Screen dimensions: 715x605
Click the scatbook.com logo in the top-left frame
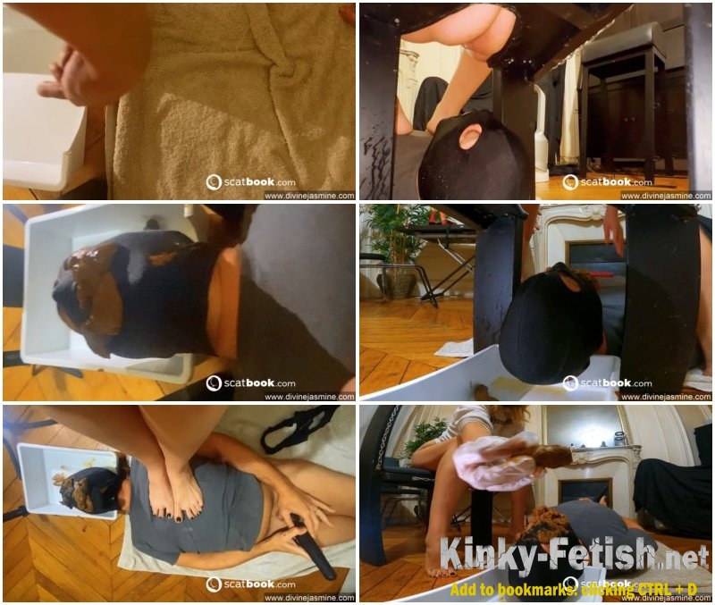point(251,182)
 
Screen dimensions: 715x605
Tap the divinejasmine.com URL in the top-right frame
point(666,196)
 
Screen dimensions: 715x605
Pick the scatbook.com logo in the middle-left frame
point(251,383)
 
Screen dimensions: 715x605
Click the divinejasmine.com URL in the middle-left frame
point(309,397)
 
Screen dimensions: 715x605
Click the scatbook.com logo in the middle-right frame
point(608,383)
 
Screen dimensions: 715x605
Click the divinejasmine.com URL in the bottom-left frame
point(309,598)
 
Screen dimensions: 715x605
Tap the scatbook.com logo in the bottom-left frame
point(251,584)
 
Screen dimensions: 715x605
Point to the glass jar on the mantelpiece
point(619,439)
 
